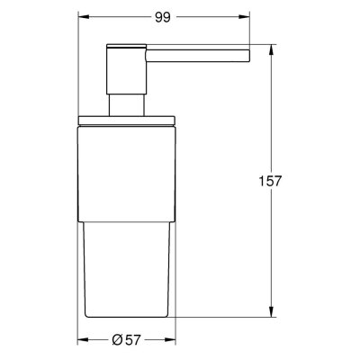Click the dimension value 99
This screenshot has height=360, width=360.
click(x=162, y=15)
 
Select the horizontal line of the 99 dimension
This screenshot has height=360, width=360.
click(x=207, y=15)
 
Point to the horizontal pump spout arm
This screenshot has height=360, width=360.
click(x=189, y=49)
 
